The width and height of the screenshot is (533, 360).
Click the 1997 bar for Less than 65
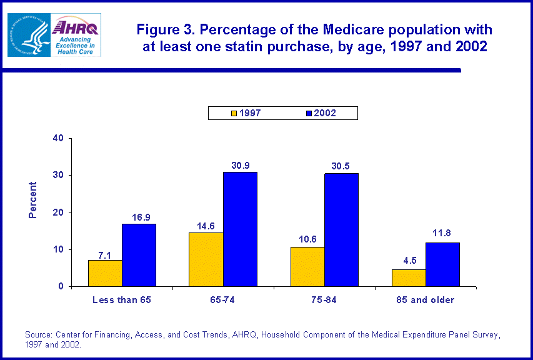[105, 273]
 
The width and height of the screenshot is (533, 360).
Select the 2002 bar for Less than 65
[139, 255]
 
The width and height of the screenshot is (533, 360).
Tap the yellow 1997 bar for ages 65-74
[206, 259]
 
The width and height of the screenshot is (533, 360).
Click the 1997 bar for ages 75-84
[307, 267]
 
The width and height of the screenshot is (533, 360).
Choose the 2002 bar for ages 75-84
[341, 230]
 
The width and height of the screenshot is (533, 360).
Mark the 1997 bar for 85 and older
[409, 278]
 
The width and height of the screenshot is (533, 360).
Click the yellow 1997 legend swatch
[234, 113]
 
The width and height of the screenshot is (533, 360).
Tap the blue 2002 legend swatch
[308, 113]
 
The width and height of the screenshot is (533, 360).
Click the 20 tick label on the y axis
[59, 212]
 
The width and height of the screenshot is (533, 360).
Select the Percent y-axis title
[33, 200]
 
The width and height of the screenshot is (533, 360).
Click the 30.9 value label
[240, 164]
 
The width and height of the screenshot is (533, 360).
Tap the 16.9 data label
[139, 216]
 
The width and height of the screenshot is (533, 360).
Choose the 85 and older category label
[426, 300]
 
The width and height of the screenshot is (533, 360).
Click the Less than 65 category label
[122, 300]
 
